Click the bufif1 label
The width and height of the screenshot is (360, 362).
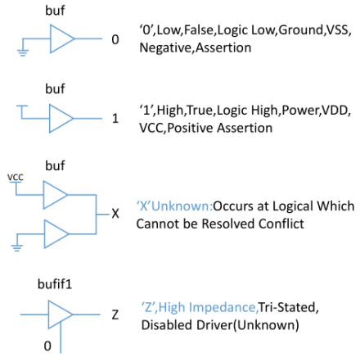(55, 284)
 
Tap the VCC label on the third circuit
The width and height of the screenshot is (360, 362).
(16, 177)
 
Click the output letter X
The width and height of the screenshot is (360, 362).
(115, 214)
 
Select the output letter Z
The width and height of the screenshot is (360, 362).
(115, 314)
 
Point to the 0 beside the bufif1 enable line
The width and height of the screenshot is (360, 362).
(47, 346)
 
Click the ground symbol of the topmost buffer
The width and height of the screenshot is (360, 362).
(23, 52)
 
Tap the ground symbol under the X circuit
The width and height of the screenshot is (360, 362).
(17, 247)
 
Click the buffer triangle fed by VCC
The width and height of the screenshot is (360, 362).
(56, 195)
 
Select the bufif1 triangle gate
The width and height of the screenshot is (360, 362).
(61, 314)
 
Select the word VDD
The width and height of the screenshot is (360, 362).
(335, 110)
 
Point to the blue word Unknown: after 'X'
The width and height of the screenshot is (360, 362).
(182, 206)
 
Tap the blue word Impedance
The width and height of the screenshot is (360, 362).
(222, 308)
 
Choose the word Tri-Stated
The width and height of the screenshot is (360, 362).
(287, 307)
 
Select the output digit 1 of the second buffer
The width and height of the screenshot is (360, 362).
(115, 119)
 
